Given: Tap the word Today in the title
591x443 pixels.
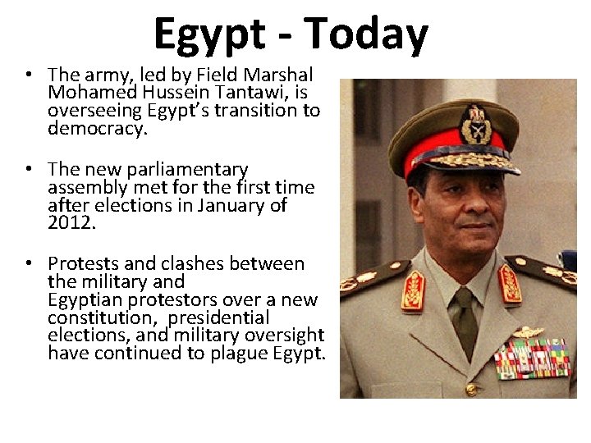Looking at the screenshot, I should [x=366, y=34].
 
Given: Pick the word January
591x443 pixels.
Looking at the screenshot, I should [x=232, y=205].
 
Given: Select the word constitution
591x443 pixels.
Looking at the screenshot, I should [x=98, y=317].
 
